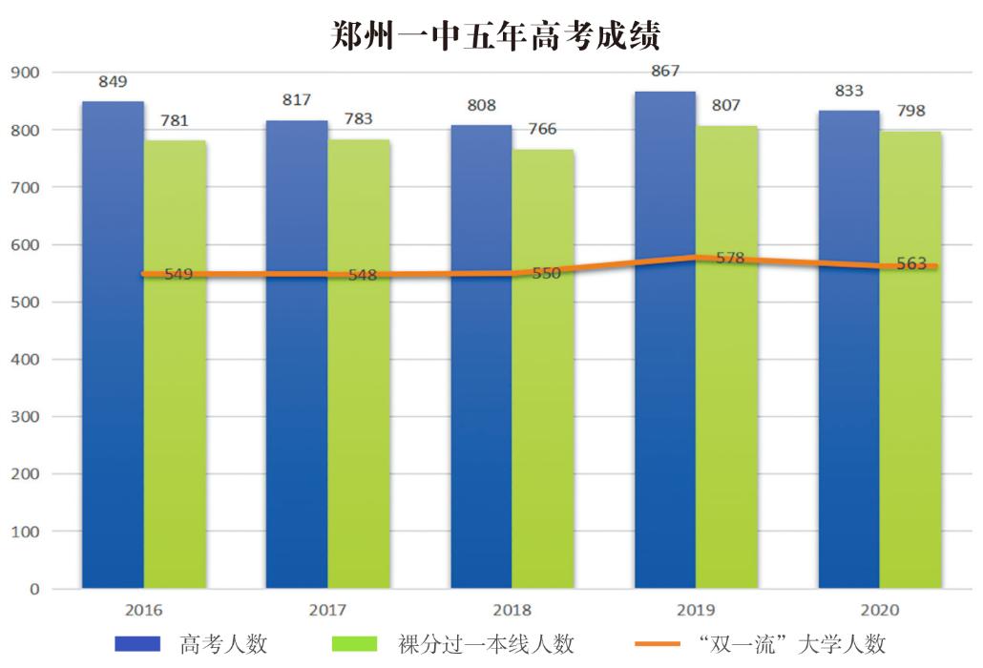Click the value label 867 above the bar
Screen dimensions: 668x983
coord(664,72)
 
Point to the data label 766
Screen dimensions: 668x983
coord(543,129)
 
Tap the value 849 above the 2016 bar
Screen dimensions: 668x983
coord(113,81)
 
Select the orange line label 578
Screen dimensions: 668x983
coord(729,258)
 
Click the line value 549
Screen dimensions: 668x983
coord(178,274)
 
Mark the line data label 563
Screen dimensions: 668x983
coord(910,264)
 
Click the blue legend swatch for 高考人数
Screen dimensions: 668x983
coord(137,644)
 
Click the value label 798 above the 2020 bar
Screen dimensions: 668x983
coord(910,111)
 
